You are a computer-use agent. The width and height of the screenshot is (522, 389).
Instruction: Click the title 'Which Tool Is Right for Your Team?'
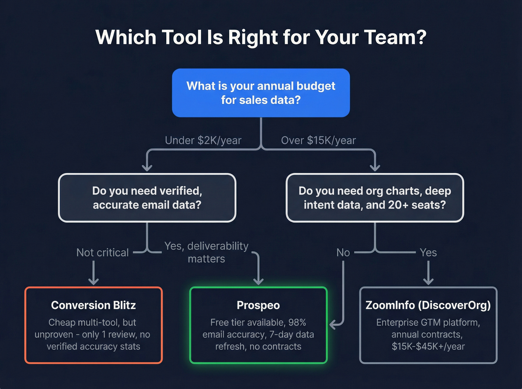261,37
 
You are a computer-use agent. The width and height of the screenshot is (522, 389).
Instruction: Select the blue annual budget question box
261,93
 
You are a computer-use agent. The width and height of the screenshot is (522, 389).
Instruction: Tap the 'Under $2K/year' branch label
203,140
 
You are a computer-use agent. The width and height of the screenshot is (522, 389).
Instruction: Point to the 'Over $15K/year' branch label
318,140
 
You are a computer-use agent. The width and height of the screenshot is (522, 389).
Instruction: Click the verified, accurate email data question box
147,198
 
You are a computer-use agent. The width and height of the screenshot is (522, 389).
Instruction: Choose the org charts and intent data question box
375,198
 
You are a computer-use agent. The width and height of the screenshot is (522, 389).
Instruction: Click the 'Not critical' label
103,253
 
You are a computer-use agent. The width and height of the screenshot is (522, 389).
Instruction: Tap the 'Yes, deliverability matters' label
207,252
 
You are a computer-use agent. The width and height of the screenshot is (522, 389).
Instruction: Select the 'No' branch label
343,253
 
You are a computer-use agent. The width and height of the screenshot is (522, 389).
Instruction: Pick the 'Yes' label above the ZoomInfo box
428,253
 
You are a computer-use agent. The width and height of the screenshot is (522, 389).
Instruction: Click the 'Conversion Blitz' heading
93,305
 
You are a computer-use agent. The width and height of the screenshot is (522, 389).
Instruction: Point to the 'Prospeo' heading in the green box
258,305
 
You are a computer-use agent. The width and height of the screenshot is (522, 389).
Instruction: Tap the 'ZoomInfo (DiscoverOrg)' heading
428,305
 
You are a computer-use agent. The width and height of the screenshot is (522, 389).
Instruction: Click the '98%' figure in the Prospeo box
297,322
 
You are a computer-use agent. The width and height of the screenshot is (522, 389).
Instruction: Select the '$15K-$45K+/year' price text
428,347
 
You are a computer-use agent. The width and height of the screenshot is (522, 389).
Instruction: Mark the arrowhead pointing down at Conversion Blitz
93,281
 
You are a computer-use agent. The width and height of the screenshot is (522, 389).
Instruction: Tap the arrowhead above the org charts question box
375,167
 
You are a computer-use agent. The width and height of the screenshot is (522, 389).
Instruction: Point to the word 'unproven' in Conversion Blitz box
54,335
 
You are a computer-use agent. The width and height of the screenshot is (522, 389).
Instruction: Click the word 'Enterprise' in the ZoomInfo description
397,322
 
